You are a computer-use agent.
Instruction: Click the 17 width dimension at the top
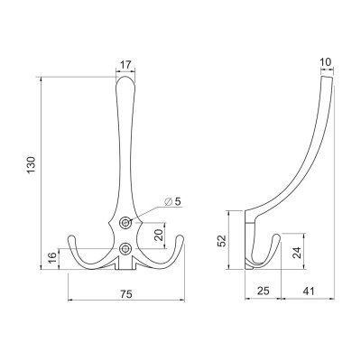pos(125,64)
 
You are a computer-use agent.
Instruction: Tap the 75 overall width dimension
pos(126,294)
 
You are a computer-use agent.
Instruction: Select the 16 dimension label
pos(52,259)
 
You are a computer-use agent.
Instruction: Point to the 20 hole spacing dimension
pos(160,235)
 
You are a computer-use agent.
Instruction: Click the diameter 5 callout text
pos(173,201)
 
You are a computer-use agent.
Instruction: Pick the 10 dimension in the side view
pos(326,62)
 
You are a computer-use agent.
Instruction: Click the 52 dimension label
pos(222,240)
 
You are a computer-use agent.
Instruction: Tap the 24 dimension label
pos(297,253)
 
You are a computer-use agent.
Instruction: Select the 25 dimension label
pos(263,291)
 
